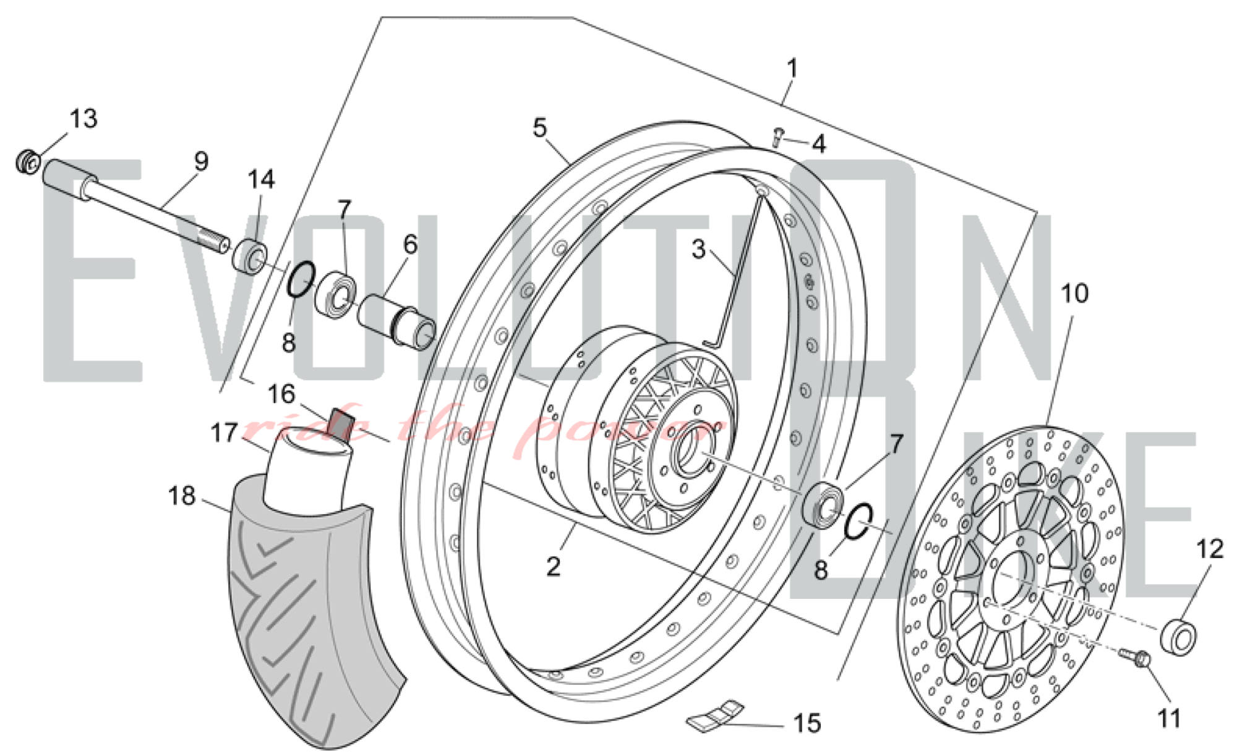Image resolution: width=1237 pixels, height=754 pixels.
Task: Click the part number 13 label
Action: pos(83,118)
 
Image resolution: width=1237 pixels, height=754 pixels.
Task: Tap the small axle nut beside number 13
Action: pos(28,163)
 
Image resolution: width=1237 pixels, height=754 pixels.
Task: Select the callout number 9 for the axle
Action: pos(201,161)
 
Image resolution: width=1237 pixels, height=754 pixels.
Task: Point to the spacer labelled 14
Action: pos(250,255)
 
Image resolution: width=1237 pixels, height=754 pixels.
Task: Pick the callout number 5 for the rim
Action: pos(539,128)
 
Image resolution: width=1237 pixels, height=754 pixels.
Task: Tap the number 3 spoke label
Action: pos(698,249)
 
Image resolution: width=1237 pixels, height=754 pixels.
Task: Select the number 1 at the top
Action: pos(792,69)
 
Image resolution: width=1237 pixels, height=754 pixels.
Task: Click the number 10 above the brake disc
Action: pos(1074,293)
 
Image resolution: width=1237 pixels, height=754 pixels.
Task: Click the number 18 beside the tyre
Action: pos(181,496)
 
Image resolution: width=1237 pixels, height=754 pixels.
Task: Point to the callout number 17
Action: pos(224,433)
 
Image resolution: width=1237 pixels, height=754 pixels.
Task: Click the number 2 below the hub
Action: pos(553,566)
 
